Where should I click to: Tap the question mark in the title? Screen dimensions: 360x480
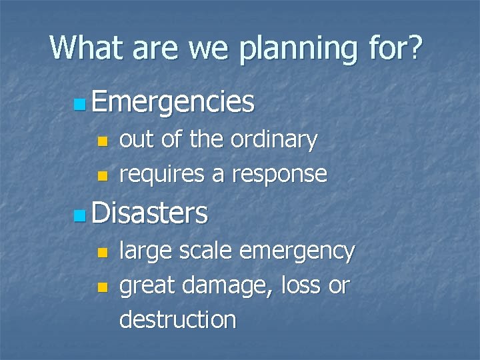(413, 47)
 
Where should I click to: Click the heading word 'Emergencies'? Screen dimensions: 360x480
(173, 103)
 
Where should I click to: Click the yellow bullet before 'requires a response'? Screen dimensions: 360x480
(102, 175)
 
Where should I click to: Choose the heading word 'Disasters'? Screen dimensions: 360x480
(150, 214)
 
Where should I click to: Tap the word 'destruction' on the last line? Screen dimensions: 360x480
(177, 319)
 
